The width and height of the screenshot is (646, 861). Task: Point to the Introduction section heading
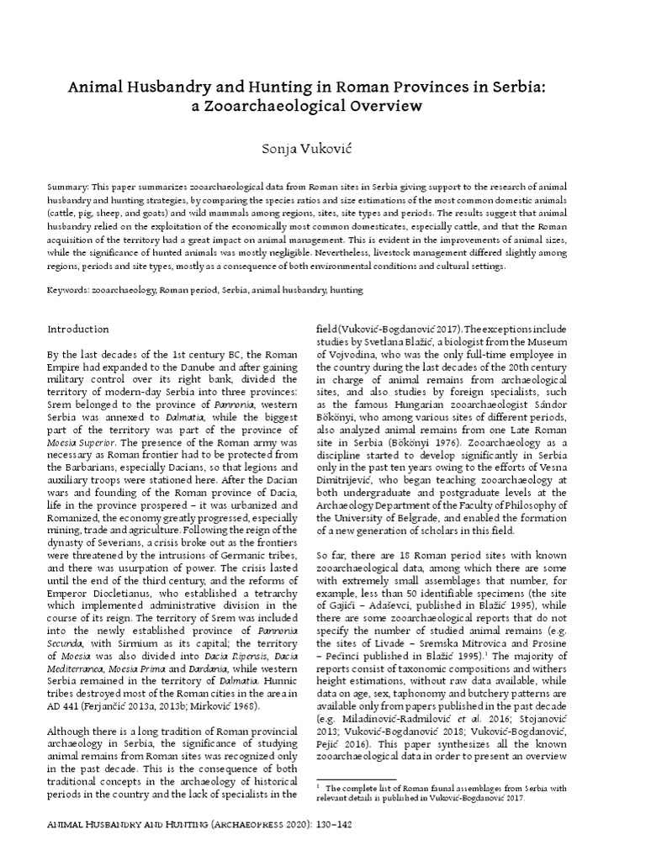coord(78,329)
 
